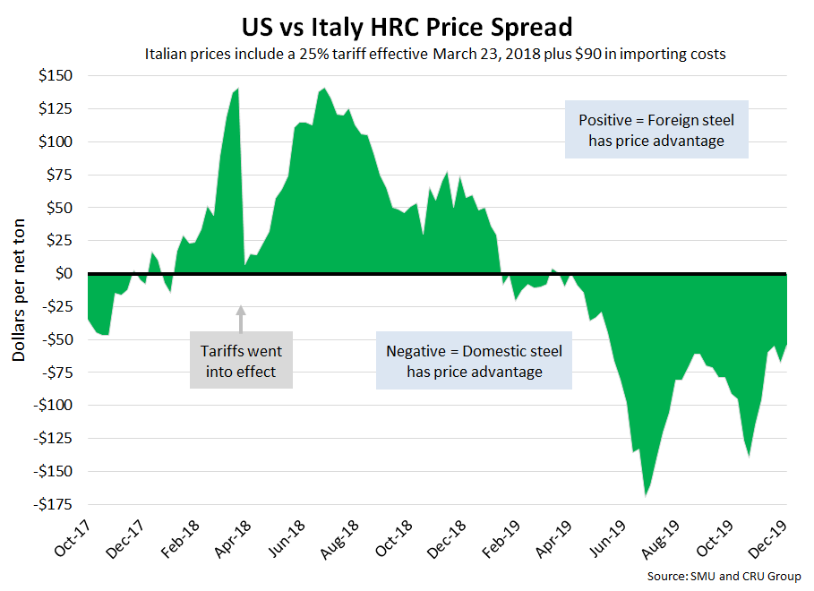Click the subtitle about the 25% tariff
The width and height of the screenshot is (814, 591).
[434, 54]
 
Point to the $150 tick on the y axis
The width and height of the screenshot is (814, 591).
[58, 76]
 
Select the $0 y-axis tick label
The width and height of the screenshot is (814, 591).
[66, 273]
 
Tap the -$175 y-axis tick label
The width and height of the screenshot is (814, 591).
[56, 503]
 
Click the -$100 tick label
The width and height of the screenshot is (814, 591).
[56, 405]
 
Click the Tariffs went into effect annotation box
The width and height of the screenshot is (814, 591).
[242, 361]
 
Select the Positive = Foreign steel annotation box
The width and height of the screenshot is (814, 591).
[656, 131]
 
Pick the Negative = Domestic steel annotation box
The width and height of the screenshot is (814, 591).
[474, 361]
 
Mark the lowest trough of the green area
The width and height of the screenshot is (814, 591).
[645, 494]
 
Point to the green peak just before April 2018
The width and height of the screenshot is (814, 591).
[237, 90]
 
